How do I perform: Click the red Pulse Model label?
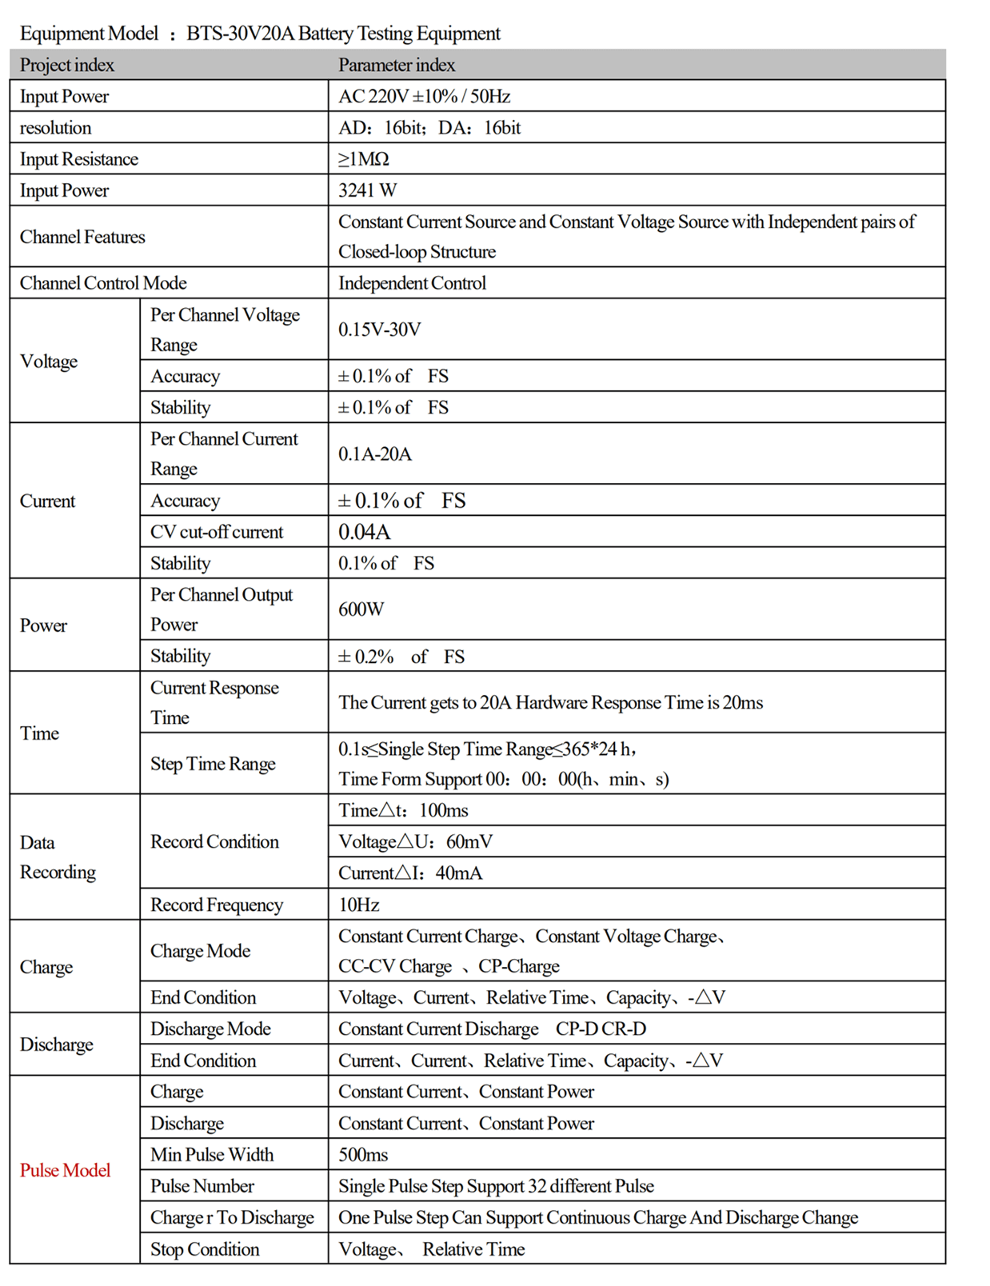coord(65,1170)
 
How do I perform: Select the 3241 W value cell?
coord(367,190)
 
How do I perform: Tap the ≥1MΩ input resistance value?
coord(363,159)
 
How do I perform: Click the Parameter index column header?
coord(397,65)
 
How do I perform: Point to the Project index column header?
coord(67,65)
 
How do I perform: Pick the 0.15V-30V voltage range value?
coord(379,329)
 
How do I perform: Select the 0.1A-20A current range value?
coord(374,454)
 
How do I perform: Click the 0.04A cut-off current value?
coord(364,532)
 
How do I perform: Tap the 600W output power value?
coord(361,609)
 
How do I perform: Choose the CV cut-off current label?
coord(217,532)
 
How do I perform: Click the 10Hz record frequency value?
coord(358,905)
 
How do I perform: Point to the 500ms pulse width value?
coord(363,1154)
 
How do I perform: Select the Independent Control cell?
coord(412,283)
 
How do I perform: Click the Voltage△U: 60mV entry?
coord(415,841)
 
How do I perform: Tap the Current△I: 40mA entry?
coord(410,873)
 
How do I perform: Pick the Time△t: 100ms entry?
coord(403,810)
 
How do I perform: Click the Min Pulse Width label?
coord(212,1154)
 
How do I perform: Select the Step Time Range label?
coord(213,764)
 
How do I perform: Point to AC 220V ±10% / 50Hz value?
coord(424,97)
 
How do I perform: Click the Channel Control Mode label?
coord(103,283)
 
